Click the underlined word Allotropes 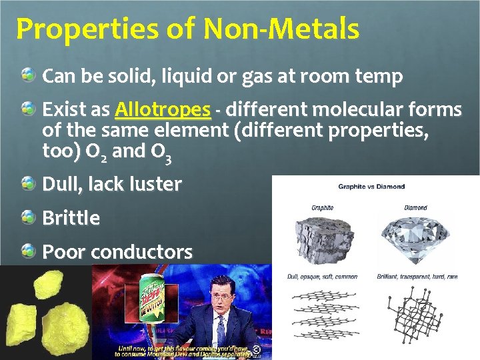point(162,109)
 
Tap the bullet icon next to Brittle point(28,216)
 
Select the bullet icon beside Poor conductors point(28,251)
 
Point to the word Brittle point(71,218)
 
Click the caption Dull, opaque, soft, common point(323,277)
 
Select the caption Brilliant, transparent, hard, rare point(417,277)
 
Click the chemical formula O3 point(163,153)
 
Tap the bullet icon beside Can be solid point(28,75)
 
